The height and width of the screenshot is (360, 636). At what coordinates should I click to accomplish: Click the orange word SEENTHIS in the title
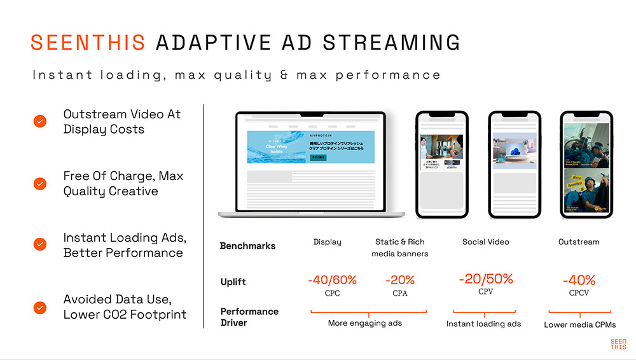(88, 42)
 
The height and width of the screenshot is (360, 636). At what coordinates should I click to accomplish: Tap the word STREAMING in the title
(391, 42)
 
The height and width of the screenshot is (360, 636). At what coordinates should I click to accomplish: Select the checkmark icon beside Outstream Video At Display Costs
(40, 121)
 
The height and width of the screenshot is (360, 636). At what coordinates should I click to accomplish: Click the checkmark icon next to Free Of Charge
(40, 184)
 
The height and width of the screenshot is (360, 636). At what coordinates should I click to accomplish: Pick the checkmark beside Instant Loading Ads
(40, 244)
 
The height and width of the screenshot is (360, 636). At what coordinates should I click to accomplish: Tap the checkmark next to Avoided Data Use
(40, 307)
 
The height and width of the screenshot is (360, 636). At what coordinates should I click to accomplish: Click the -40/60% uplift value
(332, 280)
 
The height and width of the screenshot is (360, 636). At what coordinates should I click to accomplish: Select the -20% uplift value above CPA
(400, 280)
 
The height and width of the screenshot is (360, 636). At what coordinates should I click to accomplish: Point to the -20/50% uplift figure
(486, 279)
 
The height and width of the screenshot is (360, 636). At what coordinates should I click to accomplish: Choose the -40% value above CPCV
(579, 280)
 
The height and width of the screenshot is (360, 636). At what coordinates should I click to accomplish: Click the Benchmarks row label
(247, 246)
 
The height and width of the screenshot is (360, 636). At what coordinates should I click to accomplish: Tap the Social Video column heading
(486, 242)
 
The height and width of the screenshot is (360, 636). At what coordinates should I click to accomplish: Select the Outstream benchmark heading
(579, 242)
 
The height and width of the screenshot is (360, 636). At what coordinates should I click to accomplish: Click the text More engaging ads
(365, 323)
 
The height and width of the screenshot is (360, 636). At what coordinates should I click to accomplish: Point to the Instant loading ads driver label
(483, 324)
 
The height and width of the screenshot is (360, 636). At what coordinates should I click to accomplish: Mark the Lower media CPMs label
(580, 325)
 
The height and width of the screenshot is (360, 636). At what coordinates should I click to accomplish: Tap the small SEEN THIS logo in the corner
(618, 344)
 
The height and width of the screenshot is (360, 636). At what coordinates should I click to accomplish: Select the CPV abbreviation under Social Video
(486, 291)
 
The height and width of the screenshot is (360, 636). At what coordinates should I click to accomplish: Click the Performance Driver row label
(249, 317)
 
